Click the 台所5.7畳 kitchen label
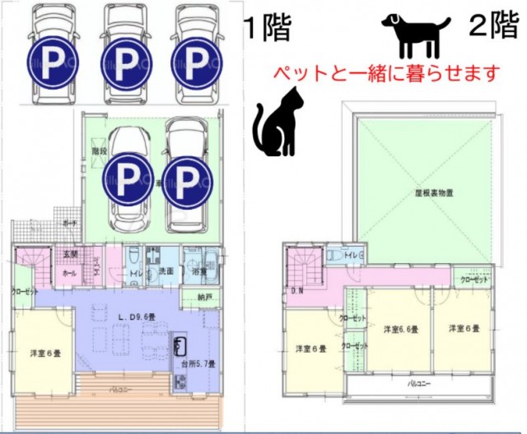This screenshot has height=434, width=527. click(198, 363)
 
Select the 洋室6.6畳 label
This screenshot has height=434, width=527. click(400, 330)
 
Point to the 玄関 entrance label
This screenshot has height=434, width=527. click(71, 254)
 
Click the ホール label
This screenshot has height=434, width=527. click(69, 270)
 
